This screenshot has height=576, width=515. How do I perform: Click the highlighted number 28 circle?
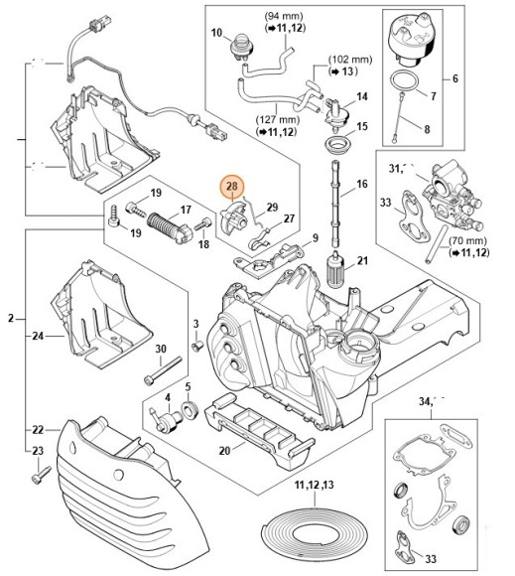coord(232,186)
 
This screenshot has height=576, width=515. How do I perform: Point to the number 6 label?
coord(483,78)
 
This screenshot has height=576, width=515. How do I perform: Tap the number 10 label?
coord(216,33)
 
